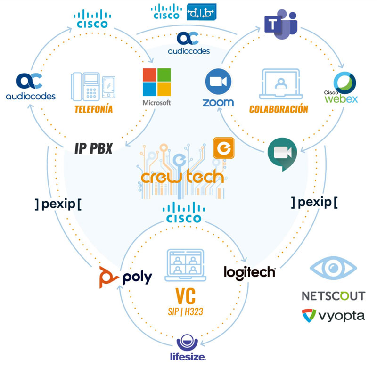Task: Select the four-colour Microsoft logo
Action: point(157,82)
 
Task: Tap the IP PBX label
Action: point(93,149)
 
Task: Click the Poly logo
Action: point(125,277)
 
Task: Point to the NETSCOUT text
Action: point(333,296)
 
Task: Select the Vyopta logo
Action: point(333,315)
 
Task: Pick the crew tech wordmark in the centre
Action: point(182,176)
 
